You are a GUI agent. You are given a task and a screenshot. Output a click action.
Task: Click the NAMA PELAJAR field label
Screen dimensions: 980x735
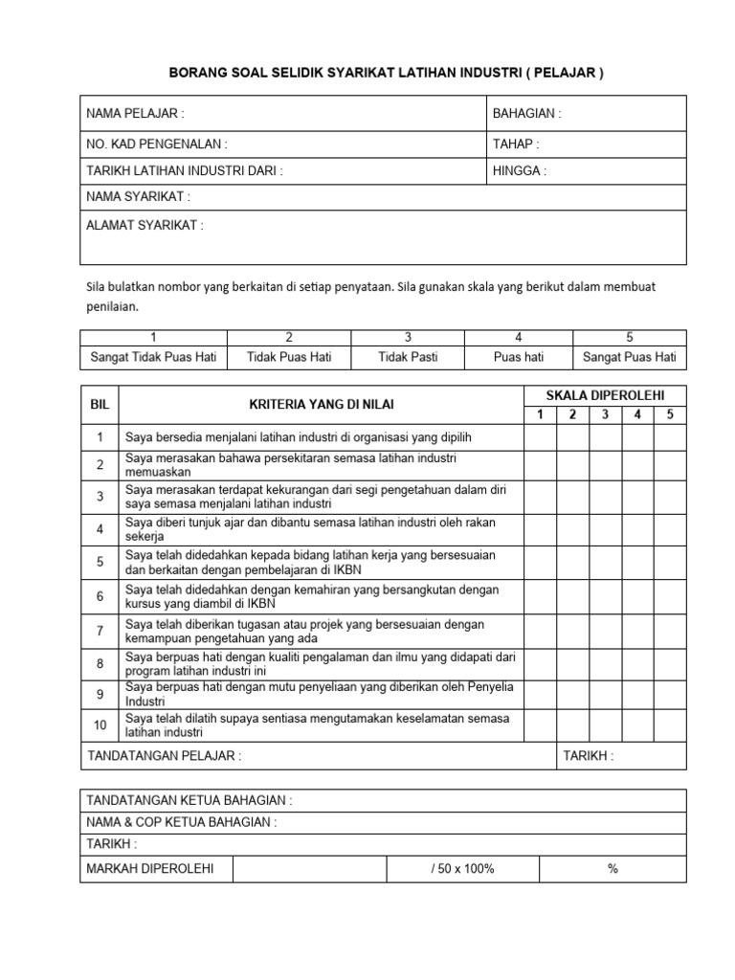(x=135, y=113)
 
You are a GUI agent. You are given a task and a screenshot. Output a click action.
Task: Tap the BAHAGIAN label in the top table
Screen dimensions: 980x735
(x=526, y=113)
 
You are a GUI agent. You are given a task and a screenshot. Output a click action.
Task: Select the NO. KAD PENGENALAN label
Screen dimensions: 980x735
(x=157, y=144)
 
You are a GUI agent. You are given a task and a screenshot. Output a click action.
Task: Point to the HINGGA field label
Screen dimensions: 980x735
(x=520, y=171)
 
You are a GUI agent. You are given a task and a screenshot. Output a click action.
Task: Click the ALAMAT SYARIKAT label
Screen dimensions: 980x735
(x=145, y=225)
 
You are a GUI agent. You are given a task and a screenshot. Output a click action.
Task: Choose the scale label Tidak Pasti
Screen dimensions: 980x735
(x=408, y=357)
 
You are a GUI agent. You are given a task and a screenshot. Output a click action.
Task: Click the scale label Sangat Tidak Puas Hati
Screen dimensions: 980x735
(x=153, y=357)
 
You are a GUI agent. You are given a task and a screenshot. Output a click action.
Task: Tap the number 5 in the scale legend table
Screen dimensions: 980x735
(x=629, y=337)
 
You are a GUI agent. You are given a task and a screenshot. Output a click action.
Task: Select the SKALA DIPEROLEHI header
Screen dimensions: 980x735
(x=604, y=395)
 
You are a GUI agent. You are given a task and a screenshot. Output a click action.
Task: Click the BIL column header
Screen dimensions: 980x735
(x=100, y=405)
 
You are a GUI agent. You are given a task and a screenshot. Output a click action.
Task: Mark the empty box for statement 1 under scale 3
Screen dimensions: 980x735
(x=604, y=436)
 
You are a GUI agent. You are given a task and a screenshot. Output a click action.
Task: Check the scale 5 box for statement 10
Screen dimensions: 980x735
(x=670, y=725)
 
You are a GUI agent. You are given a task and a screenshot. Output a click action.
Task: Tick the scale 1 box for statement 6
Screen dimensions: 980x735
(x=539, y=595)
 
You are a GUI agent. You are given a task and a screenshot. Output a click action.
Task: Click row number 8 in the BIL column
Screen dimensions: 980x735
(x=100, y=661)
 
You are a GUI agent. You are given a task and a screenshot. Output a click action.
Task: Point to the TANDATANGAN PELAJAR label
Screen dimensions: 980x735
(x=164, y=754)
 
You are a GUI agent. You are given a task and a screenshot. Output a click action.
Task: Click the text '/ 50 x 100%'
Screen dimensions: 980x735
(x=463, y=868)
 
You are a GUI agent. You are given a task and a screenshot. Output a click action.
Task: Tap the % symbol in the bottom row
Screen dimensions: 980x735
(x=612, y=868)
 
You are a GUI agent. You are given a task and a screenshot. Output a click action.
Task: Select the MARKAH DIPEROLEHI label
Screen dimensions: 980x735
(x=150, y=868)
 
